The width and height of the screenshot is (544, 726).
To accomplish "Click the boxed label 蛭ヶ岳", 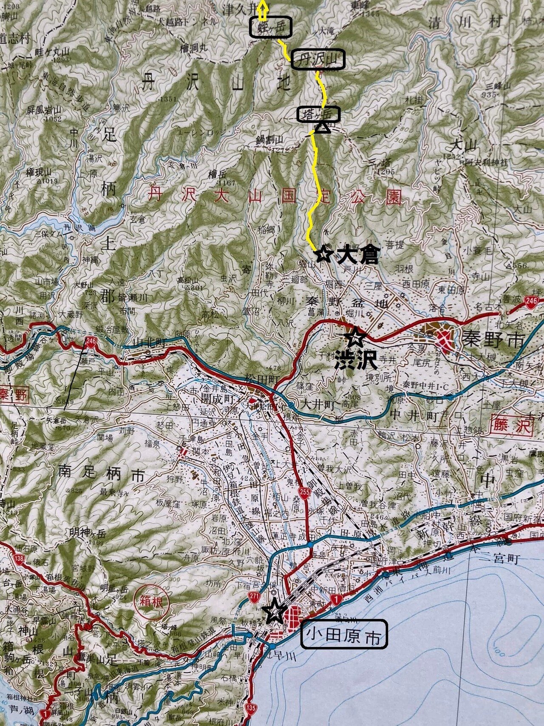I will pyautogui.click(x=270, y=28).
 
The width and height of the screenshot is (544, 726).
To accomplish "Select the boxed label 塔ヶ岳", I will pyautogui.click(x=319, y=114).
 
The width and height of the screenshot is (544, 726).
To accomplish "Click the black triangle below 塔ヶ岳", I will pyautogui.click(x=323, y=127).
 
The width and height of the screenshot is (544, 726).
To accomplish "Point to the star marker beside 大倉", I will pyautogui.click(x=324, y=254).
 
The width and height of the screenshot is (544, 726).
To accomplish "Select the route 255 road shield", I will pyautogui.click(x=303, y=492).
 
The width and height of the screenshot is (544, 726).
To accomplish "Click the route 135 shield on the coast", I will pyautogui.click(x=251, y=708).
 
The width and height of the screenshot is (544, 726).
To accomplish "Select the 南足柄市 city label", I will pyautogui.click(x=102, y=475).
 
